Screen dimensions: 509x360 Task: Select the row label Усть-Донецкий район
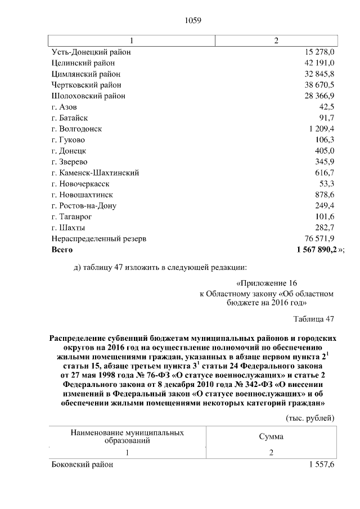[x=91, y=52]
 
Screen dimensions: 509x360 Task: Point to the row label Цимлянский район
[x=85, y=74]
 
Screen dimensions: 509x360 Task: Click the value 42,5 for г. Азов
[x=326, y=107]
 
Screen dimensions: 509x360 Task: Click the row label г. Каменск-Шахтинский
[x=95, y=173]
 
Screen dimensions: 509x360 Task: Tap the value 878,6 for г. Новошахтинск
[x=325, y=195]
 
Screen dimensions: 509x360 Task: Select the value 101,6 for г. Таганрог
[x=325, y=217]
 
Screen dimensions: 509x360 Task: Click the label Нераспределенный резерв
[x=98, y=238]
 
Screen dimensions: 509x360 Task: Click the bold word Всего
[x=62, y=249]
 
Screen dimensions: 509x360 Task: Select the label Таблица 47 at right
[x=314, y=319]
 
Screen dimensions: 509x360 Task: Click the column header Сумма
[x=271, y=436]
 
